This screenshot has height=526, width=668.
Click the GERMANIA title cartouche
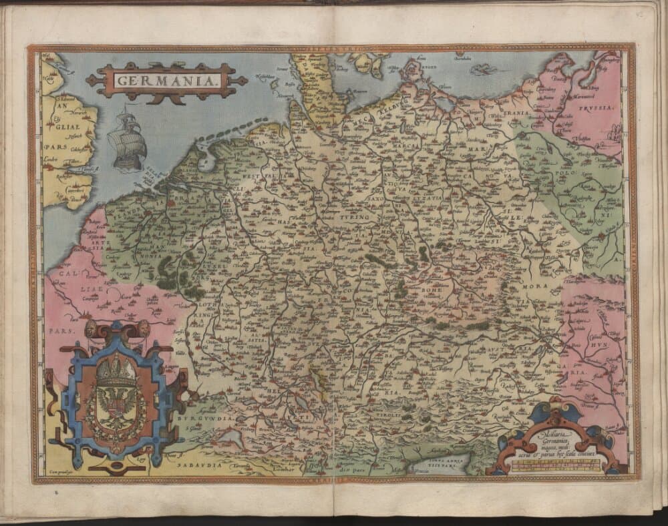pyautogui.click(x=166, y=81)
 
